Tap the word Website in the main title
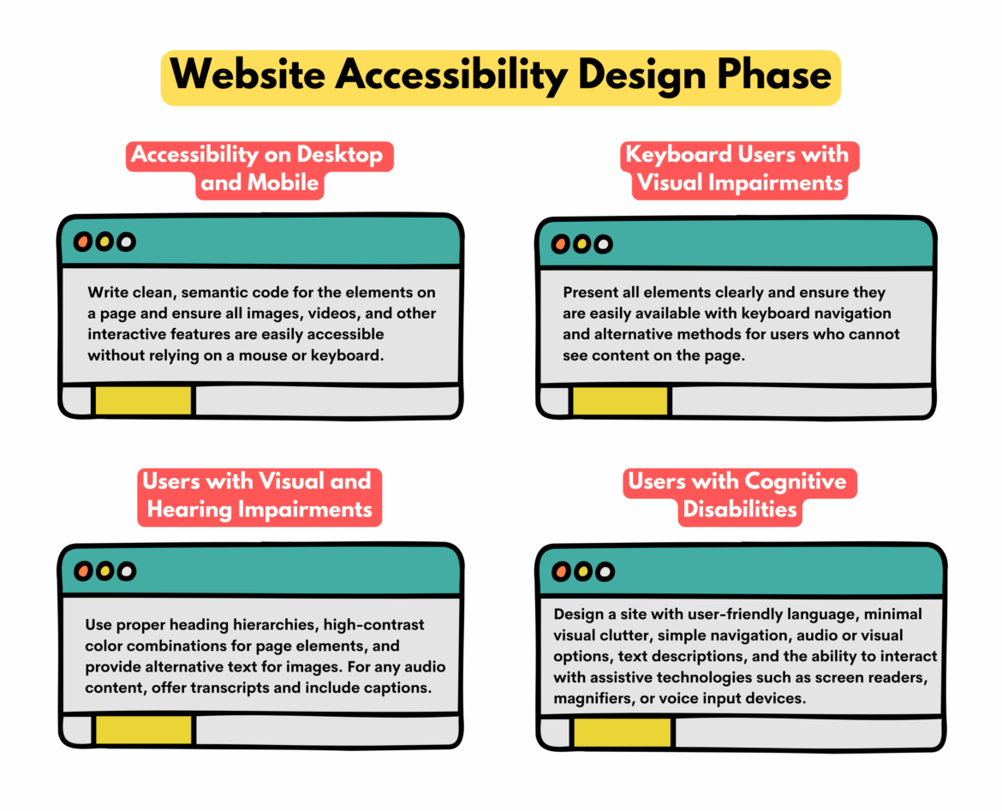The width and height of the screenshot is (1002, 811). click(x=248, y=75)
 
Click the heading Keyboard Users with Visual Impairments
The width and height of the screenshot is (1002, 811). click(x=738, y=169)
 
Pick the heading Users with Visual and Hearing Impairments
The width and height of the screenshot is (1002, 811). click(x=259, y=495)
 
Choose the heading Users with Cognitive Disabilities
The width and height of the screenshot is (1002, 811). click(x=738, y=495)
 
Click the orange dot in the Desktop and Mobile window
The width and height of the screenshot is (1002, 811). click(x=82, y=242)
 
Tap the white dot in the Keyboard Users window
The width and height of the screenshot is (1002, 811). click(x=603, y=245)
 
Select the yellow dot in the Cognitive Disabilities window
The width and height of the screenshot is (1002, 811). click(x=582, y=571)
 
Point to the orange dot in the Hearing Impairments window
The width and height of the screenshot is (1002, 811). click(x=82, y=570)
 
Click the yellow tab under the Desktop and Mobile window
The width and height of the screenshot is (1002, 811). click(x=143, y=401)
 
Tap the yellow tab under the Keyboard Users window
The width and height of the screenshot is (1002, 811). click(x=620, y=401)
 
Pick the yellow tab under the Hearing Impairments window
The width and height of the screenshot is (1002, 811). click(x=144, y=730)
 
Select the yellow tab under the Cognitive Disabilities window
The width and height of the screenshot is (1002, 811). click(x=623, y=732)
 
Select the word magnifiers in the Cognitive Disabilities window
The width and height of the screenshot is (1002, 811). click(x=593, y=698)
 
